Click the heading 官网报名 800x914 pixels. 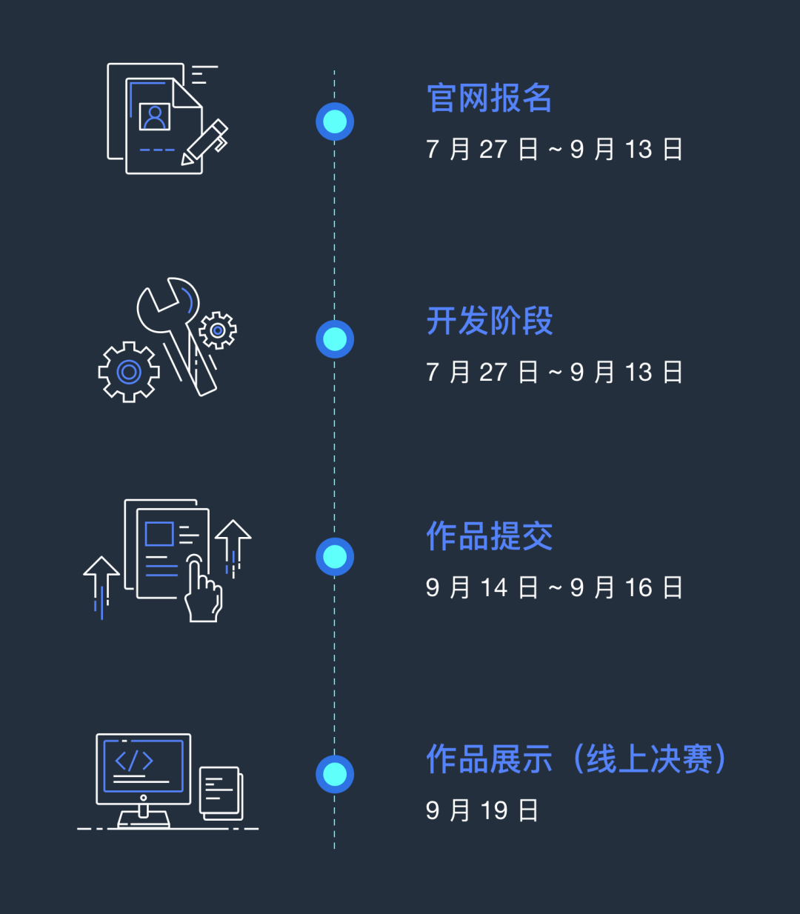[x=489, y=98]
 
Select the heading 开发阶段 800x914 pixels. [x=489, y=321]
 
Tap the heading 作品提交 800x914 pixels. [x=489, y=536]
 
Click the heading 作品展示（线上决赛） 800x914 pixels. [x=576, y=759]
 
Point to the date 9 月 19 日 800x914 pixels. [x=481, y=810]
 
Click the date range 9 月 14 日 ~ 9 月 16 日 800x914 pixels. [x=553, y=588]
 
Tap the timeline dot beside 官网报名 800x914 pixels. [x=335, y=121]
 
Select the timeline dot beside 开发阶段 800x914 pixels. [x=335, y=339]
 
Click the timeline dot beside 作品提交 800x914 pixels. [x=335, y=556]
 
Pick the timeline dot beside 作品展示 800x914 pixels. [x=335, y=774]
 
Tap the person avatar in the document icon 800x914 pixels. [x=155, y=116]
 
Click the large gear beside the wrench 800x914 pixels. [x=129, y=372]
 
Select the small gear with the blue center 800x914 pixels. [x=218, y=330]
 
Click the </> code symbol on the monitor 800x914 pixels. [x=134, y=761]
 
